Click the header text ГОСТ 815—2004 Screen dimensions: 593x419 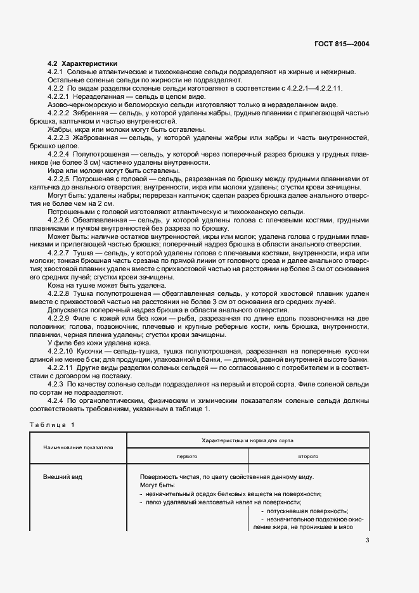(343, 44)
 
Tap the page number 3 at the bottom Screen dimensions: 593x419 (367, 540)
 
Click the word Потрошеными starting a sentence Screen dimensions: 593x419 (72, 212)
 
